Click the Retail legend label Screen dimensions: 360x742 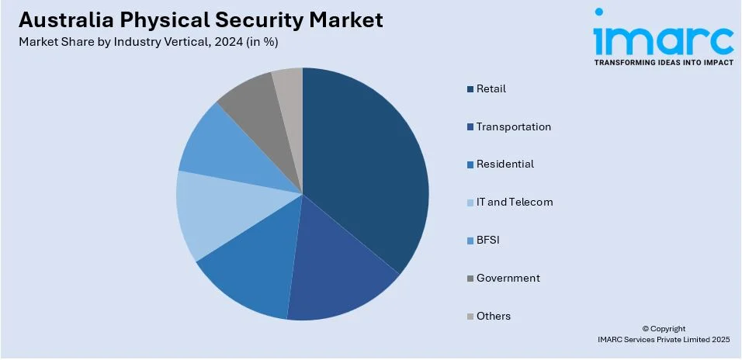(x=491, y=88)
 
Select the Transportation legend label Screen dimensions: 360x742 (x=513, y=126)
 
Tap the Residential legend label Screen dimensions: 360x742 (x=504, y=164)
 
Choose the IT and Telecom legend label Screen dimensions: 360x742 (x=515, y=202)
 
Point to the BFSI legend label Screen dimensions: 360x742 (x=488, y=241)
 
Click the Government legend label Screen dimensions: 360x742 (x=508, y=278)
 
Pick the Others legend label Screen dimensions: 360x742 (x=494, y=316)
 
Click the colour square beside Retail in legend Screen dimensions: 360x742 (x=470, y=89)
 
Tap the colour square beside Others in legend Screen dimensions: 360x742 (x=470, y=317)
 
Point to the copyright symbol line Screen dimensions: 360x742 (x=664, y=329)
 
